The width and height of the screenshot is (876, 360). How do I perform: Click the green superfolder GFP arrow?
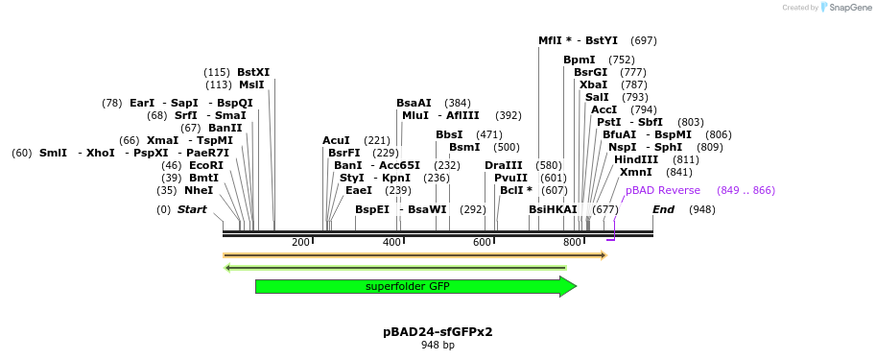(413, 286)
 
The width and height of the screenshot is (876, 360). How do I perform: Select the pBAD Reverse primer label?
(663, 190)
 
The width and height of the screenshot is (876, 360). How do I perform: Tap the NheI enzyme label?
(199, 190)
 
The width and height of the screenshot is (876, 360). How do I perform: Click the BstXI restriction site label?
(253, 72)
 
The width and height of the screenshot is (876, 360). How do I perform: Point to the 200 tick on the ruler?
(300, 242)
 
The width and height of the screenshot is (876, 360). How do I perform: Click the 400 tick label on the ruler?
(391, 242)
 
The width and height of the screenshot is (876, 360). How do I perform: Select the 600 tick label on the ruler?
(483, 242)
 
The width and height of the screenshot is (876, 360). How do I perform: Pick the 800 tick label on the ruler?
(573, 242)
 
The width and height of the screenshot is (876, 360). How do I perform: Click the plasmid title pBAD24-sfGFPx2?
(438, 331)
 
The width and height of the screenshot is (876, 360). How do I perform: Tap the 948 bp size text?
(438, 345)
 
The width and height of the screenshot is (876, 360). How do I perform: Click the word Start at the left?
(192, 209)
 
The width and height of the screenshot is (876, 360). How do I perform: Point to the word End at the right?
(664, 209)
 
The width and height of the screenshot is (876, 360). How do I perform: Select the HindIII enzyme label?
(636, 159)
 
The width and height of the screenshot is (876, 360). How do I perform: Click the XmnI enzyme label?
(635, 172)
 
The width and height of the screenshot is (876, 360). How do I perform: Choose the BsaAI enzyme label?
(414, 103)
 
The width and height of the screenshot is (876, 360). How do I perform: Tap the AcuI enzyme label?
(336, 140)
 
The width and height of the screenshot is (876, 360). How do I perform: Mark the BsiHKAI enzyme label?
(554, 209)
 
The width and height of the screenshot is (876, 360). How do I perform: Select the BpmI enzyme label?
(580, 60)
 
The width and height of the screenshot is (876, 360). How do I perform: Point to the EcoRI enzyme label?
(206, 165)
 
